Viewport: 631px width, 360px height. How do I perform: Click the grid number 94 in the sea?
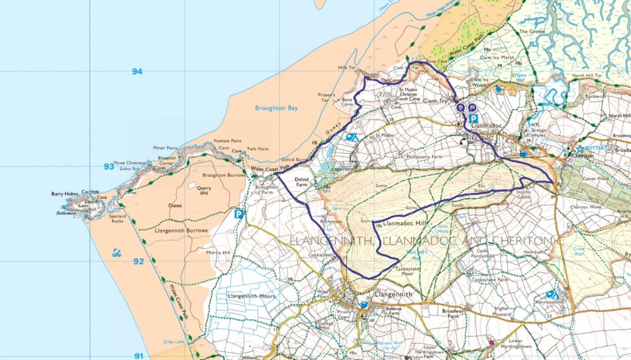coord(137,72)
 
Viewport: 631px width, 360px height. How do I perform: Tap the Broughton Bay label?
coord(276,108)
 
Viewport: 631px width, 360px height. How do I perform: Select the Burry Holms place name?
coord(65,194)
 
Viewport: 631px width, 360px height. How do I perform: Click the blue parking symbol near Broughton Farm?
coord(238,215)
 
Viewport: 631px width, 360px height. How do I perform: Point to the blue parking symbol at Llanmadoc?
coord(473,119)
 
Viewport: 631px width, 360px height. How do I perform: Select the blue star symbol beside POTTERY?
coord(579,149)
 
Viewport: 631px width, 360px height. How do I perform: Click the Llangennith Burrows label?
coord(184,231)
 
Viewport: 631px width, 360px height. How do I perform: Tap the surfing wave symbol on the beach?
coord(117,253)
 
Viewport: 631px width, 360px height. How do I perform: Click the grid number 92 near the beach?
coord(139,261)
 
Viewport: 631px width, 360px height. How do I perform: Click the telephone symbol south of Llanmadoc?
coord(463,140)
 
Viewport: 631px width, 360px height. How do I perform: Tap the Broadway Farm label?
coord(453,314)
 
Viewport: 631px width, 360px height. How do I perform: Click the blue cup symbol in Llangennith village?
coord(364,305)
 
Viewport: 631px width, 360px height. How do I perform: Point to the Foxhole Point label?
coord(226,141)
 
